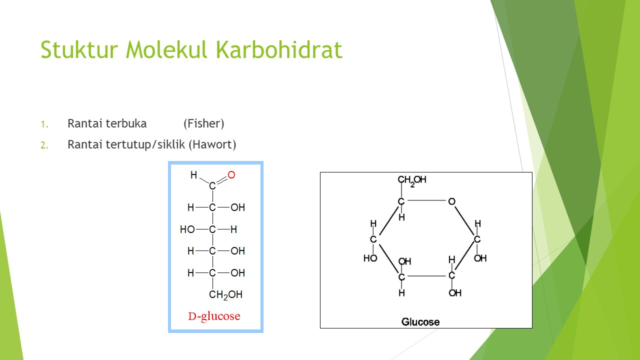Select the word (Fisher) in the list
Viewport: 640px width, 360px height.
203,123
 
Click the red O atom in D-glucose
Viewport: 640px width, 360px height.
231,175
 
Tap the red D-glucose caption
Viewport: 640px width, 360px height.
214,316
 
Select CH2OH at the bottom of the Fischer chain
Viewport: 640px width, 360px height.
225,295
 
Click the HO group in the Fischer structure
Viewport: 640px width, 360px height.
187,229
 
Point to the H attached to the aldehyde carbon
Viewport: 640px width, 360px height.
194,175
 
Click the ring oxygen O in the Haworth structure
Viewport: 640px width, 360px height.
451,201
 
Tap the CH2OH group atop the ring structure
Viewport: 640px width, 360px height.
412,180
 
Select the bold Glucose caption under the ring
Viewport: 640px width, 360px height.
420,321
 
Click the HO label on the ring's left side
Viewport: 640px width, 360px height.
370,258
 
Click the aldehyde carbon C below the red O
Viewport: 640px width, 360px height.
212,186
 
